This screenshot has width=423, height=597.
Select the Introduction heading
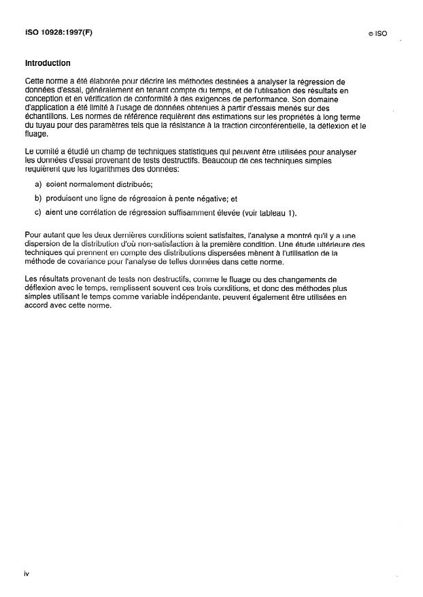pos(48,63)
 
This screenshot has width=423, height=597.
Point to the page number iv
pos(26,574)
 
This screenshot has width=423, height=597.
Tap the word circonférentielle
pos(275,126)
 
